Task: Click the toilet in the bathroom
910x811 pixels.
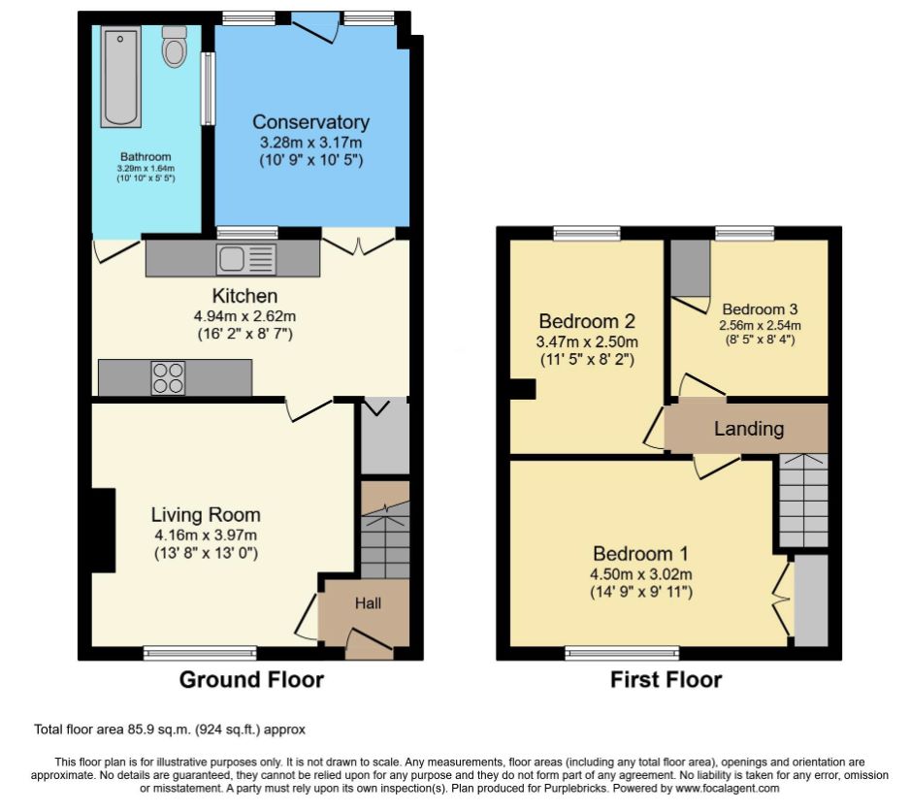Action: point(174,47)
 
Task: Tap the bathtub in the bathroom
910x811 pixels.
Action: point(120,76)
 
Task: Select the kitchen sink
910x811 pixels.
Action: point(246,259)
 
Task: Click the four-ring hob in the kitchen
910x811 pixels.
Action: point(168,378)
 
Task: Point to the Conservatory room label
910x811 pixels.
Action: point(311,122)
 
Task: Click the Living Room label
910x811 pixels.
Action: point(206,514)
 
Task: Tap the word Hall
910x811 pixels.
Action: point(368,603)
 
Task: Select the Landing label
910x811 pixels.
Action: point(749,429)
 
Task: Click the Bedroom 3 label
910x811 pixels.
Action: point(760,308)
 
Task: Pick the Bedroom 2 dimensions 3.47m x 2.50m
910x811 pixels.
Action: point(587,341)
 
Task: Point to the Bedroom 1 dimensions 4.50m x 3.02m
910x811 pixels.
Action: point(640,574)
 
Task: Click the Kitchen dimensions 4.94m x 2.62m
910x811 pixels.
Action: point(244,316)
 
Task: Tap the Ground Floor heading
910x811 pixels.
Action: point(251,679)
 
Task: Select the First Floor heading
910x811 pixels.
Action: point(666,679)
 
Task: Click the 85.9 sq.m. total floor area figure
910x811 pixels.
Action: point(159,730)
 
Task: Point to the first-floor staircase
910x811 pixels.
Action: point(803,500)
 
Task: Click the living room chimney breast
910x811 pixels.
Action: point(103,531)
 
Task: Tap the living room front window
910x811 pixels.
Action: point(200,653)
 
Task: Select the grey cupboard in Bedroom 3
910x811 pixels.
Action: point(691,268)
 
